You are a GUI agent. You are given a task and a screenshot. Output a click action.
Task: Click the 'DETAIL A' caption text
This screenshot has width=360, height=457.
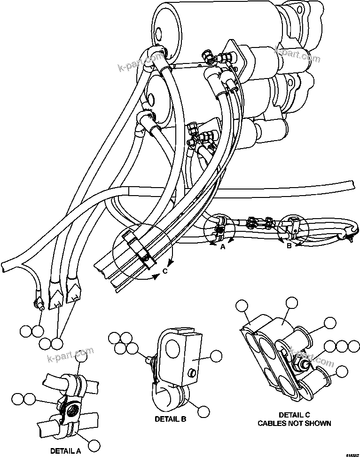pos(65,450)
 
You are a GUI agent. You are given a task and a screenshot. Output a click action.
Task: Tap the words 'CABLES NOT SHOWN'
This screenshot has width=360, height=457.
pos(294,423)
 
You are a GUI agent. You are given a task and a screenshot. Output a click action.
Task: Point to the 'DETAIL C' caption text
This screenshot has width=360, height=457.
pos(295,415)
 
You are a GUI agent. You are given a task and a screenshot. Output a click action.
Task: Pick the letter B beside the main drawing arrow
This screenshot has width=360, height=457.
pos(289,244)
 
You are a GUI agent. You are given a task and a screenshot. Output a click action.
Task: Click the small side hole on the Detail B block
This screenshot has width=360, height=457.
pos(191,373)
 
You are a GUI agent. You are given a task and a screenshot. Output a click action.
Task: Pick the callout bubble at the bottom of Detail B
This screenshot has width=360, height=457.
pos(203,410)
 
